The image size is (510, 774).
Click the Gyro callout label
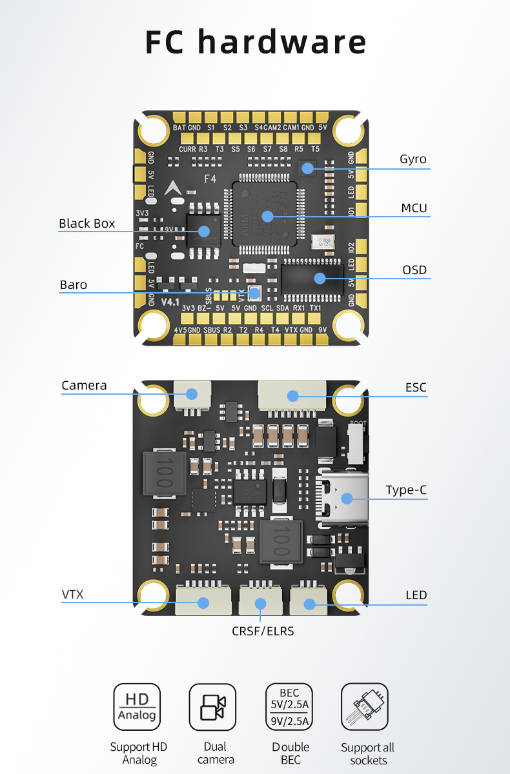tap(413, 159)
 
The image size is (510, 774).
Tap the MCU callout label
tap(414, 208)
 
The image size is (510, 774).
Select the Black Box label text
tap(87, 223)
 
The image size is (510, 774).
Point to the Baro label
tap(73, 284)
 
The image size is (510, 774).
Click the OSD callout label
tap(414, 270)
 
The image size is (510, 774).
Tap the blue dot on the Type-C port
tap(347, 498)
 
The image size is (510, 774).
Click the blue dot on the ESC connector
tap(293, 395)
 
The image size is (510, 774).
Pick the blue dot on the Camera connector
tap(192, 393)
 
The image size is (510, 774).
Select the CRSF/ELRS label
tap(263, 630)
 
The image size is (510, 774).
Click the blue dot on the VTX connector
tap(203, 603)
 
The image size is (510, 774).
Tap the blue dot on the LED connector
tap(309, 604)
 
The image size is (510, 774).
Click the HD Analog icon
tap(137, 707)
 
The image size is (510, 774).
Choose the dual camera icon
tap(212, 707)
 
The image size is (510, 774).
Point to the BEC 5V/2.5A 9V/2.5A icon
tap(289, 707)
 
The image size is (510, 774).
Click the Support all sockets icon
tap(365, 707)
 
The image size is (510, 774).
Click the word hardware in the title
tap(282, 42)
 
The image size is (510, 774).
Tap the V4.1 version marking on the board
tap(170, 303)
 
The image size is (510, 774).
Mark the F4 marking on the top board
tap(210, 179)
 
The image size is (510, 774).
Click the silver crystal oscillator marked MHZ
tap(323, 242)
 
